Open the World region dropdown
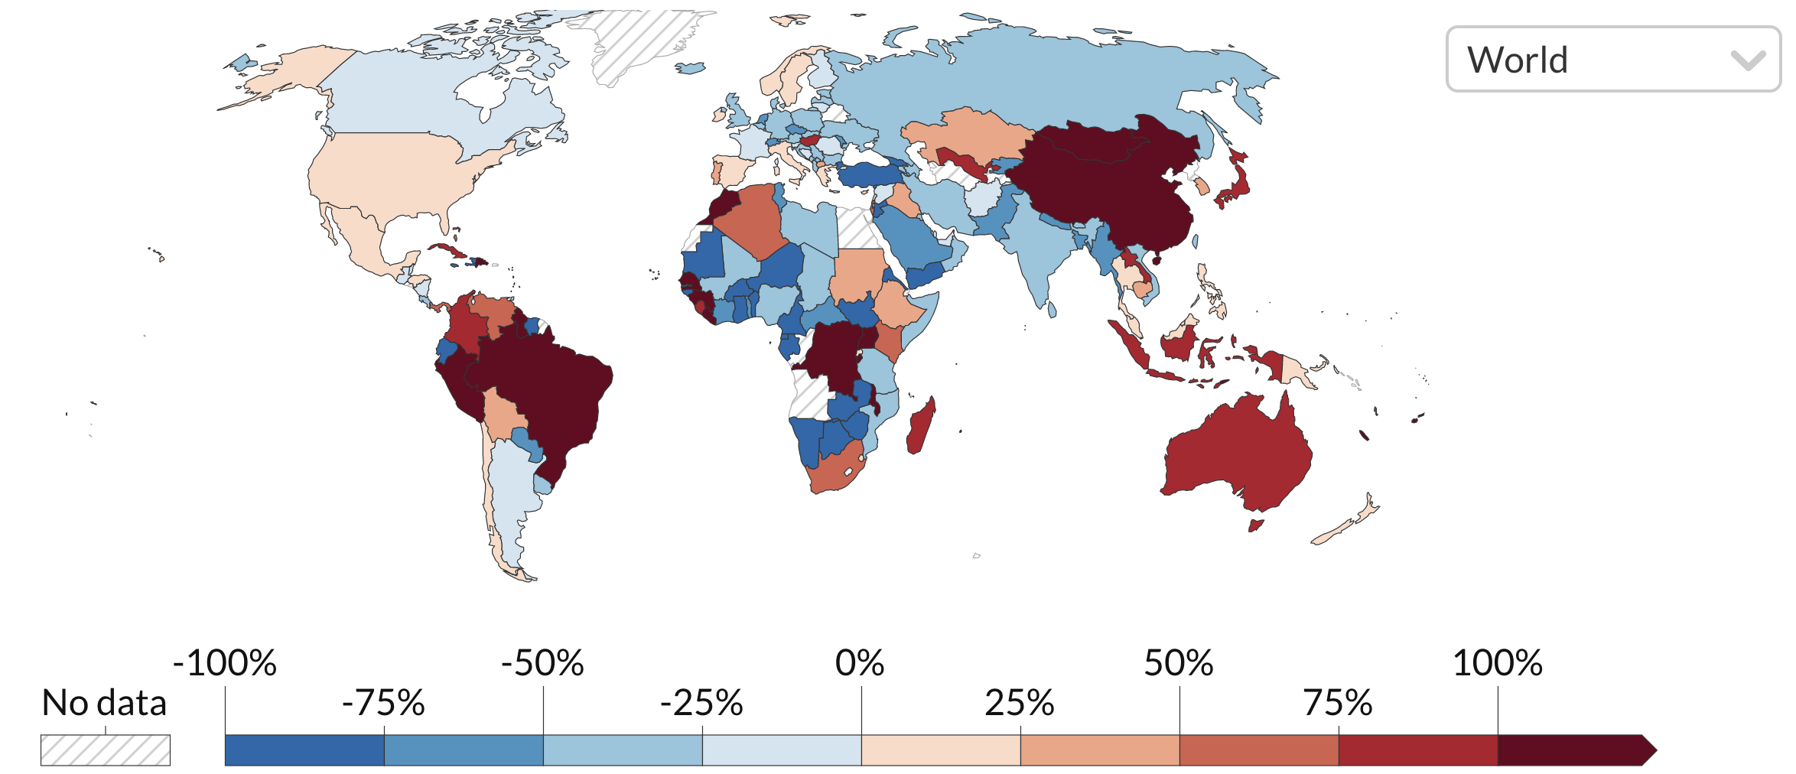click(1612, 60)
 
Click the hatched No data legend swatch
click(106, 750)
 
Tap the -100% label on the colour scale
click(225, 663)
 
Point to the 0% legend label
click(860, 663)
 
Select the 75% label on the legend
click(1338, 703)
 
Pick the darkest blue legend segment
click(304, 750)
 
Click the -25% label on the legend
click(701, 703)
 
